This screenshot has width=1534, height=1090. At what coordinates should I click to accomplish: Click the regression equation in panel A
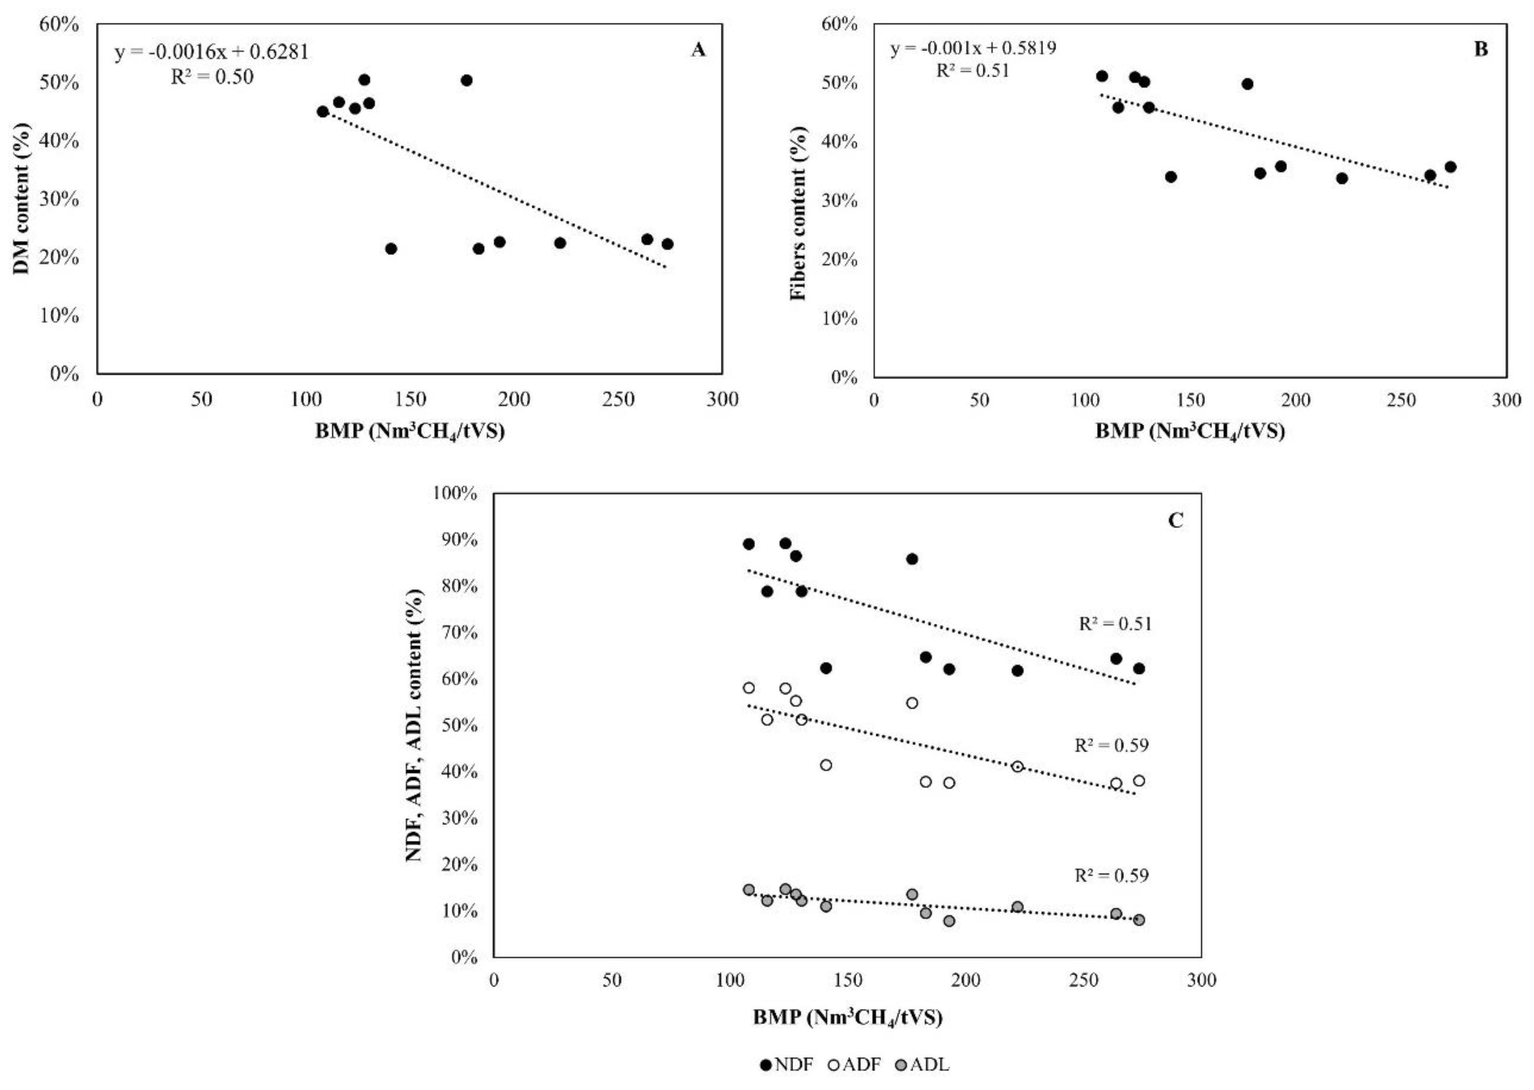tap(211, 52)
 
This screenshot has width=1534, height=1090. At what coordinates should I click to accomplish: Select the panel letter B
tap(1480, 50)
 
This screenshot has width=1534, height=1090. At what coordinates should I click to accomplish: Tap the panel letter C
tap(1176, 521)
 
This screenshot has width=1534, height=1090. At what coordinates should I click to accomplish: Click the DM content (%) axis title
tap(22, 199)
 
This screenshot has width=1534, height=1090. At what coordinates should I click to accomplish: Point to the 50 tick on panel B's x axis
tap(979, 401)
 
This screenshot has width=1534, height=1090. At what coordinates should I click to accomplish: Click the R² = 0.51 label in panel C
tap(1115, 624)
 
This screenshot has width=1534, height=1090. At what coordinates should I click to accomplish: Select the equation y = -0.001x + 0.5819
tap(973, 48)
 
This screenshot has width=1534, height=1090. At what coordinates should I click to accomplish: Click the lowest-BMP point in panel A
tap(323, 111)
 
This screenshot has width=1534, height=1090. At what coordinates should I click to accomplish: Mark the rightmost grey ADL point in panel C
tap(1139, 919)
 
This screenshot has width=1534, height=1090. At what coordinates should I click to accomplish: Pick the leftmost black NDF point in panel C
tap(749, 543)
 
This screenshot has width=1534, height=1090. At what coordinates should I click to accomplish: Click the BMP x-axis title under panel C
tap(847, 1018)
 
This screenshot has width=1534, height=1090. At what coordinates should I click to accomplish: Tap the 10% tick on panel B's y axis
tap(840, 318)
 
